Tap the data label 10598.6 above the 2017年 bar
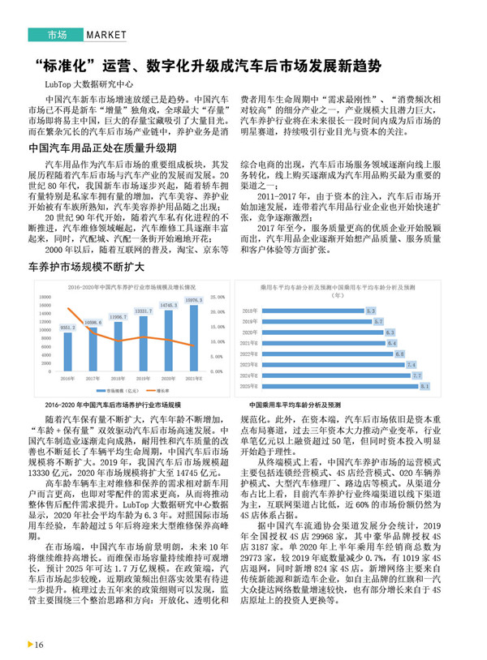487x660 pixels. (93, 322)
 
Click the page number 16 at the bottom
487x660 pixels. (38, 645)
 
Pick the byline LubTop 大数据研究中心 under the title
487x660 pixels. (90, 84)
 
